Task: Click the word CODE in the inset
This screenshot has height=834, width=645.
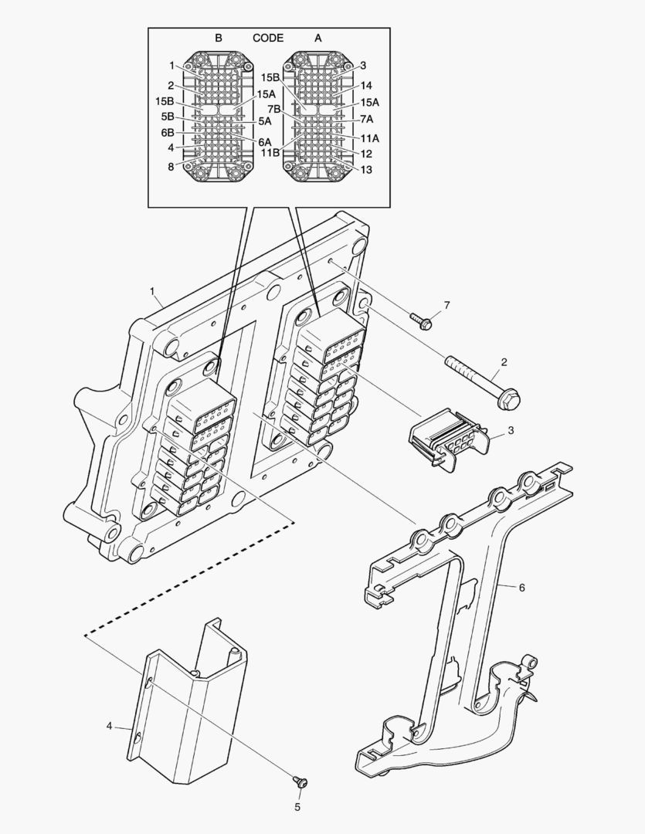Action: pyautogui.click(x=268, y=38)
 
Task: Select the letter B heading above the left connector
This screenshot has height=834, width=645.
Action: pyautogui.click(x=219, y=38)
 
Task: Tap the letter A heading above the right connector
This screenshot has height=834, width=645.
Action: pyautogui.click(x=317, y=38)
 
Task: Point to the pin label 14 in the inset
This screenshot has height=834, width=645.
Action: pyautogui.click(x=366, y=86)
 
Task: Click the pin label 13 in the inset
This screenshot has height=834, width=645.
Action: pyautogui.click(x=366, y=169)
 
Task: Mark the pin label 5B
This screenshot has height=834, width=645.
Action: pyautogui.click(x=167, y=117)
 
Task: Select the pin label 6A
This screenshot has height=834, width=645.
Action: pyautogui.click(x=265, y=142)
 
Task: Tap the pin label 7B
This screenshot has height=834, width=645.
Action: pyautogui.click(x=274, y=109)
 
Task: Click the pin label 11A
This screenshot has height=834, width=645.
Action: pyautogui.click(x=369, y=138)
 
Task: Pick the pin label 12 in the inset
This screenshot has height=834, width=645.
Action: pyautogui.click(x=366, y=154)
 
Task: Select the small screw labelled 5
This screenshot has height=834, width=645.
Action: pyautogui.click(x=300, y=782)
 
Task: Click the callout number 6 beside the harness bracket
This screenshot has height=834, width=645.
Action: pyautogui.click(x=521, y=588)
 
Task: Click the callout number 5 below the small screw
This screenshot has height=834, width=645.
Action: pyautogui.click(x=298, y=808)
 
